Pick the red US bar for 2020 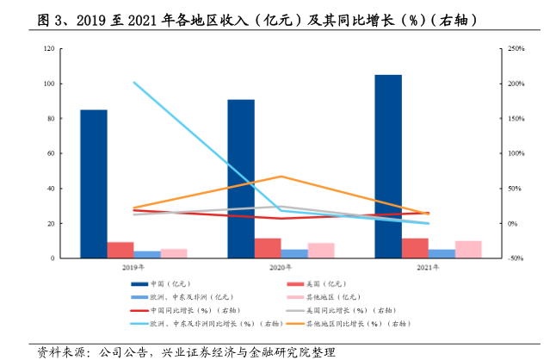click(x=267, y=248)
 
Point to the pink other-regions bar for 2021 click(x=468, y=249)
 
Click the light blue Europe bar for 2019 click(x=147, y=254)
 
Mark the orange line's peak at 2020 click(x=281, y=177)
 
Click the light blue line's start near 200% click(x=134, y=83)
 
